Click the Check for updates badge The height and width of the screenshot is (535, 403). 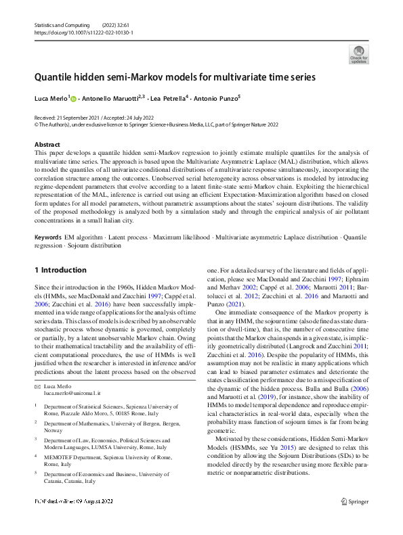(x=358, y=53)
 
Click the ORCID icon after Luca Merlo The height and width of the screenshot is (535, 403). (x=74, y=99)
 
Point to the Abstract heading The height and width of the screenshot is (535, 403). (x=47, y=145)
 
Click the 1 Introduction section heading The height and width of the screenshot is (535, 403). (x=60, y=270)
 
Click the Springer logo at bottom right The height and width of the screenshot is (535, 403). (x=354, y=519)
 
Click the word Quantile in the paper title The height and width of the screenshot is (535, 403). (x=58, y=77)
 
